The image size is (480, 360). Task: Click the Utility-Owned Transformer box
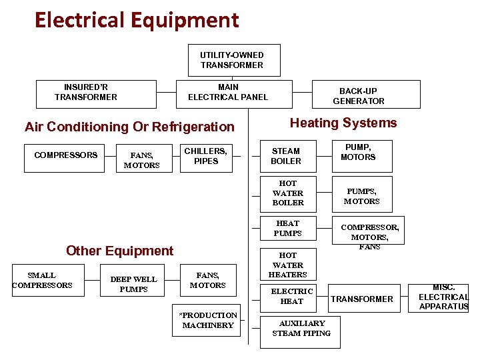231,60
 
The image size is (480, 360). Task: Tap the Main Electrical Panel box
227,93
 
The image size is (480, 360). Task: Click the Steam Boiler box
287,156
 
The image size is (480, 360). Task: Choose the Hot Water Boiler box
287,193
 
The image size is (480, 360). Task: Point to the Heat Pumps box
287,229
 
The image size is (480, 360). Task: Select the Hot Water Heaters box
287,265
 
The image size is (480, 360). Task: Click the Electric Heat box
291,297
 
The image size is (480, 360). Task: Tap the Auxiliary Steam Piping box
301,329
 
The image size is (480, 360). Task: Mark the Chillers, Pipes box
206,156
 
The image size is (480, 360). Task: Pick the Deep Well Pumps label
133,284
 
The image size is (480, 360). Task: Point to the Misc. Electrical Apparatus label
443,297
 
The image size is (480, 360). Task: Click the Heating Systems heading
343,123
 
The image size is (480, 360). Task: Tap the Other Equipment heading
119,251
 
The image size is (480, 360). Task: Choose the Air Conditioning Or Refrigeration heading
129,127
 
